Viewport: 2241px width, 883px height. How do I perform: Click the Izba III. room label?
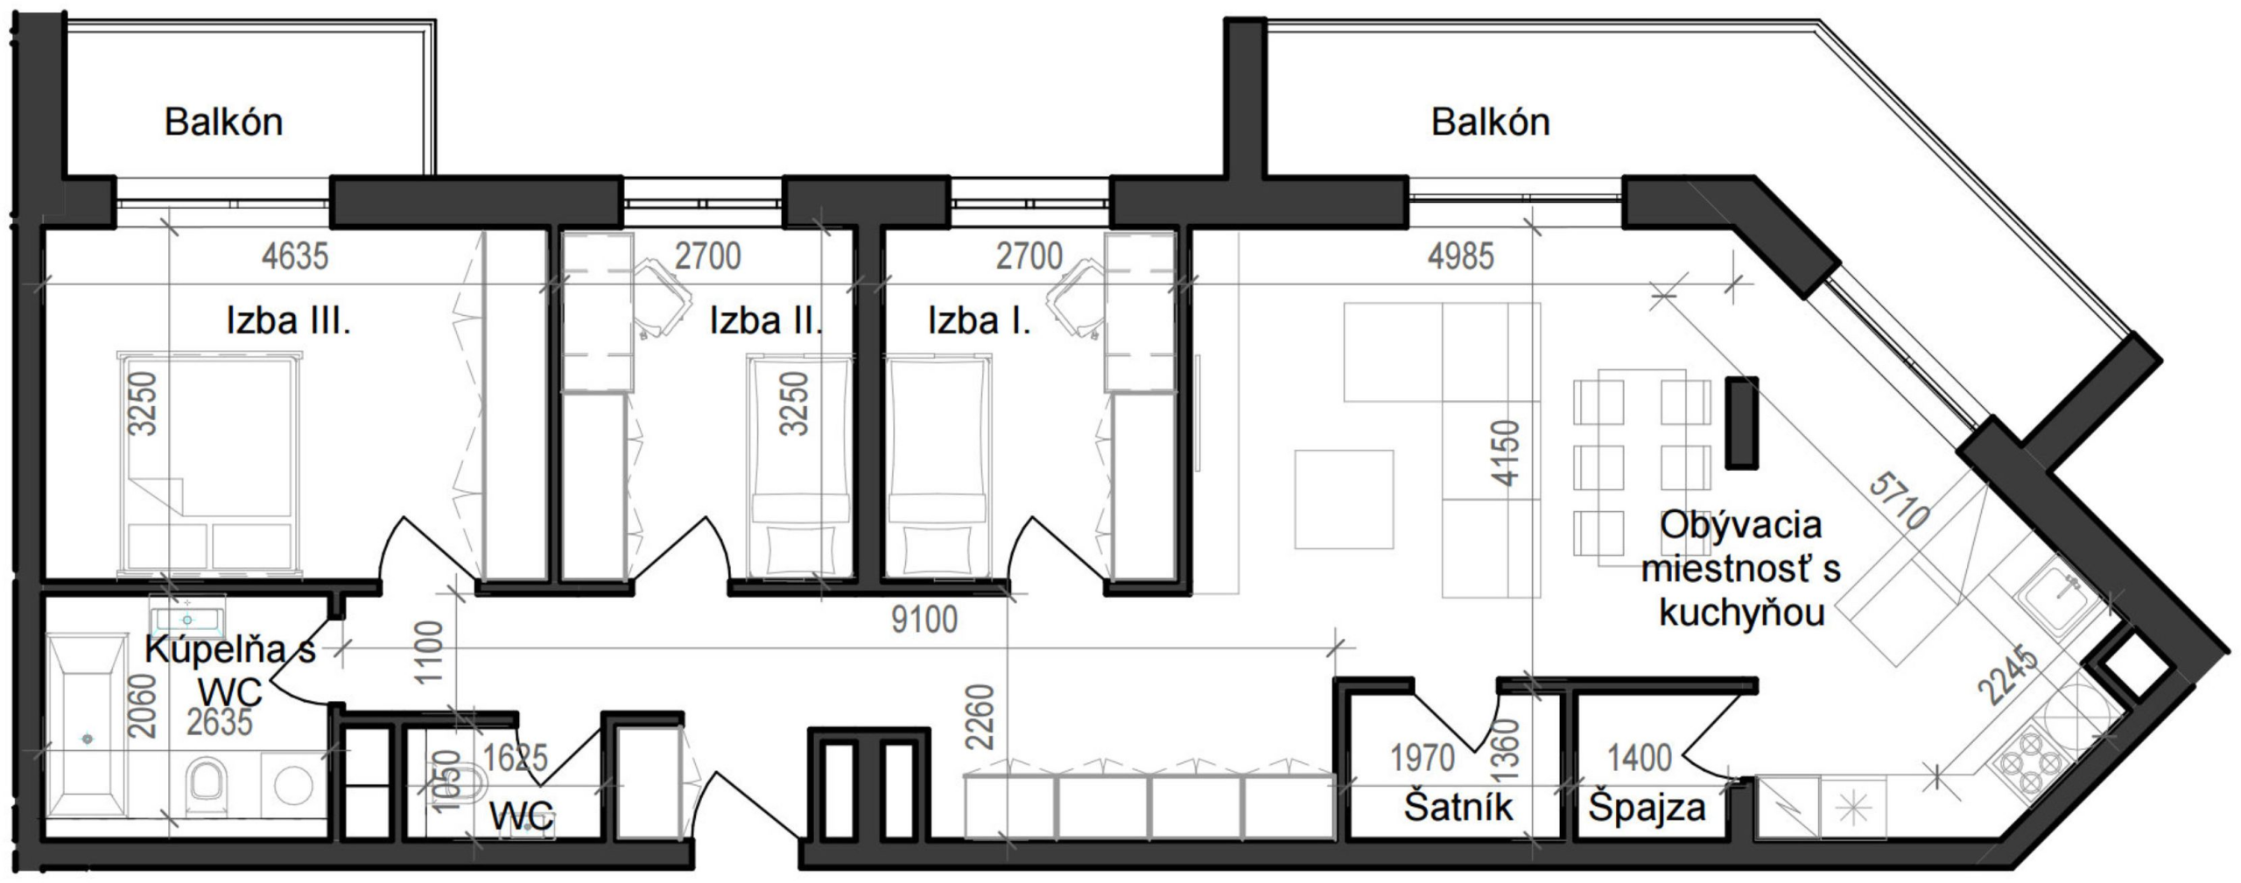[288, 321]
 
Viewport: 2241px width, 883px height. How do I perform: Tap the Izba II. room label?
[766, 321]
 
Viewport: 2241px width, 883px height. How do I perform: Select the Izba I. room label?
[980, 321]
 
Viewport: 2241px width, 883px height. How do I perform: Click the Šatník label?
[1458, 807]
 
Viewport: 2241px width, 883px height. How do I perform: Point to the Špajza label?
[1647, 807]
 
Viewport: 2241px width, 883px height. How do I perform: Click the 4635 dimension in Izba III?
[295, 256]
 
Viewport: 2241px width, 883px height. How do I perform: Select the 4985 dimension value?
[1461, 256]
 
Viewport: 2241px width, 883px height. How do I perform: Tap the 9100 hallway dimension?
[924, 620]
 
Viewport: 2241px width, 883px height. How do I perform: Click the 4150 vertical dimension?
[1507, 453]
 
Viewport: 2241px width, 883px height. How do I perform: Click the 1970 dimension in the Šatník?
[1423, 758]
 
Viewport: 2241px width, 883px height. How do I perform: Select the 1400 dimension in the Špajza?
[1640, 758]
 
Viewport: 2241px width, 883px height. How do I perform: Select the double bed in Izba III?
[209, 464]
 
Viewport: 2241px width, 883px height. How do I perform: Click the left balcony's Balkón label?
[224, 122]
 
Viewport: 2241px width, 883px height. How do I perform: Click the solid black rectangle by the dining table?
[1741, 423]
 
